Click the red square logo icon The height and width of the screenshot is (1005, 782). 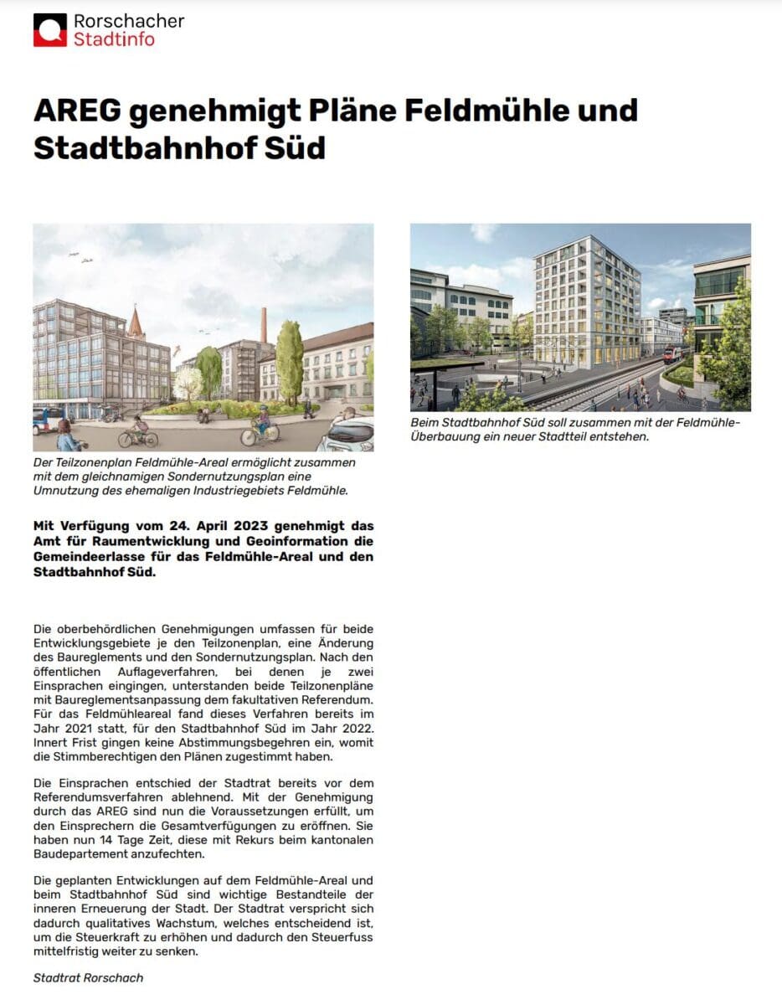tap(49, 30)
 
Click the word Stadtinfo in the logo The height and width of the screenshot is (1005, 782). tap(114, 39)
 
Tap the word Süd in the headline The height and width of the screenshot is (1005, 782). tap(295, 147)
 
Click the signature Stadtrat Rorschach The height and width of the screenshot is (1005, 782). tap(88, 977)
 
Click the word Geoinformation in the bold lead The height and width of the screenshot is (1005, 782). tap(277, 542)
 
